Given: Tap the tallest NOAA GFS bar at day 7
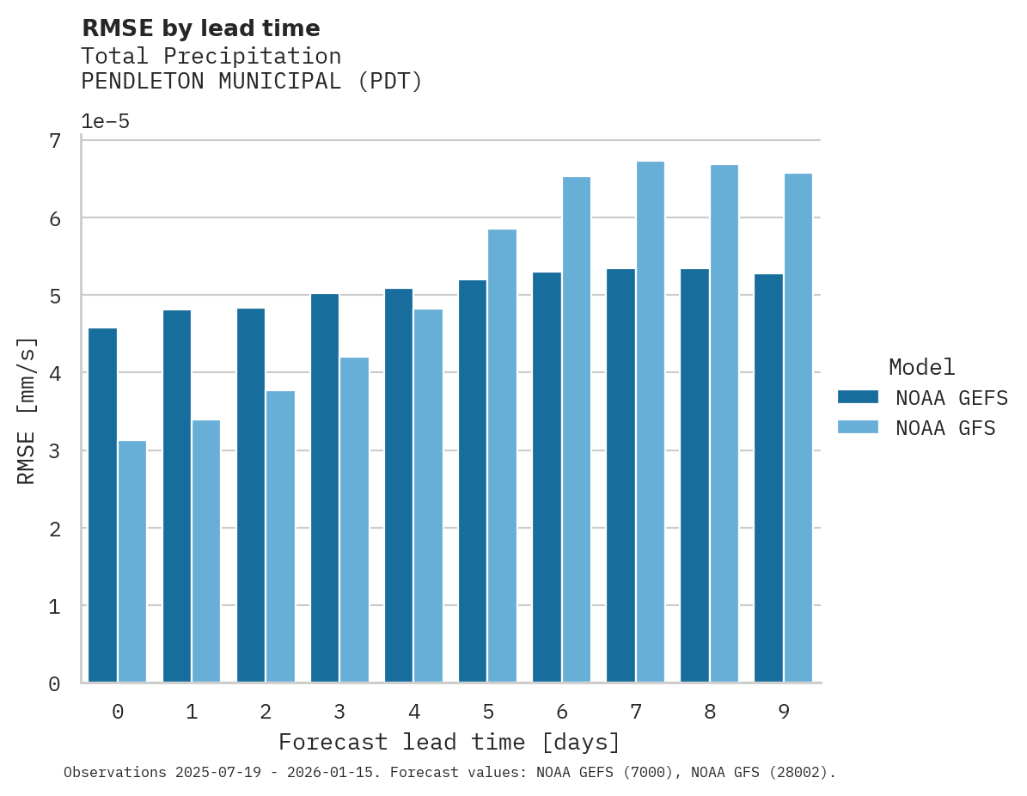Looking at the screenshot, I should pos(650,422).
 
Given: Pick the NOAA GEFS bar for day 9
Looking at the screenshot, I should pos(768,478).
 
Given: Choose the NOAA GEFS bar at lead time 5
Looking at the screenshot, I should pos(473,481).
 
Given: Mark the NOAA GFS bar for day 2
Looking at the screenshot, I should pos(280,536).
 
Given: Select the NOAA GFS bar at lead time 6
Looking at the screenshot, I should pos(576,430).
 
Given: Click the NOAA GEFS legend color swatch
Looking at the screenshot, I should pos(858,396).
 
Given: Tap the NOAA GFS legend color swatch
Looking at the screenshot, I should pos(858,427).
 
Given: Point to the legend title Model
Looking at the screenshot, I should pos(921,367).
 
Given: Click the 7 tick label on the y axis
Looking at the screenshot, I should pos(54,140).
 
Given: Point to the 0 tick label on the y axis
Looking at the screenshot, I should pos(54,683).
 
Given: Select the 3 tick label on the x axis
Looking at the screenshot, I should pos(339,712).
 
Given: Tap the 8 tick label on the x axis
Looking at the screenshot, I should pos(709,712).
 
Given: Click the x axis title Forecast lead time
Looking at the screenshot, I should pos(449,742).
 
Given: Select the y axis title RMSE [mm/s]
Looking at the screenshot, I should pos(28,411).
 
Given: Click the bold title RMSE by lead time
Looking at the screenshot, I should pos(200,28).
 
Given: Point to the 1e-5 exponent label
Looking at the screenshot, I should pos(105,121).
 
